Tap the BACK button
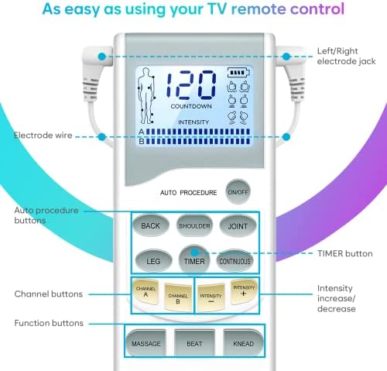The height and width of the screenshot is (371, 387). (151, 225)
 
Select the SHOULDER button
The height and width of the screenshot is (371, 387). (194, 225)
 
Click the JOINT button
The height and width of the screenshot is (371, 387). (238, 225)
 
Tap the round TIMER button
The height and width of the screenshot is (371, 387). (194, 259)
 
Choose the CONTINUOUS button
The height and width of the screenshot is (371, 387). (235, 261)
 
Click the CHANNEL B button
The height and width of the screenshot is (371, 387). (178, 297)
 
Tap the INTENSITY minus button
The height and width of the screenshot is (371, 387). (211, 297)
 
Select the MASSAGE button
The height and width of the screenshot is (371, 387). (146, 343)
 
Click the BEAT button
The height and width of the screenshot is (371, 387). (194, 343)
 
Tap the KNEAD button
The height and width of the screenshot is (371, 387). (243, 343)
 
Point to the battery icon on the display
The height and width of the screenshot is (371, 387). (238, 73)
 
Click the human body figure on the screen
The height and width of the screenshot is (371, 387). (146, 96)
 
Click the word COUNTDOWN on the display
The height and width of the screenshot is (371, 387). (191, 106)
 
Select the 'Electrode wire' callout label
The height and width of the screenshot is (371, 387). (43, 136)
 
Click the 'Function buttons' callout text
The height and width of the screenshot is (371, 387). (49, 323)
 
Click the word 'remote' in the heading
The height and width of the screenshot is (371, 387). (259, 9)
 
